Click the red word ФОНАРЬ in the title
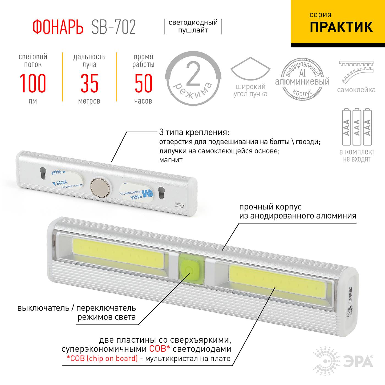click(58, 27)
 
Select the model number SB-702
click(113, 27)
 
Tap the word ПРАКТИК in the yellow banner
click(341, 27)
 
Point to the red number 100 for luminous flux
click(33, 83)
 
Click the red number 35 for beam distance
click(89, 83)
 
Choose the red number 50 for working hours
click(143, 83)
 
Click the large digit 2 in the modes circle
click(193, 73)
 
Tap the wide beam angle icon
click(250, 69)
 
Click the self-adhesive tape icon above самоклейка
click(356, 72)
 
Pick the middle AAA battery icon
click(357, 127)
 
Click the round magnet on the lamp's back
click(100, 187)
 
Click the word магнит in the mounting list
click(171, 160)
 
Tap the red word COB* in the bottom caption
click(159, 349)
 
